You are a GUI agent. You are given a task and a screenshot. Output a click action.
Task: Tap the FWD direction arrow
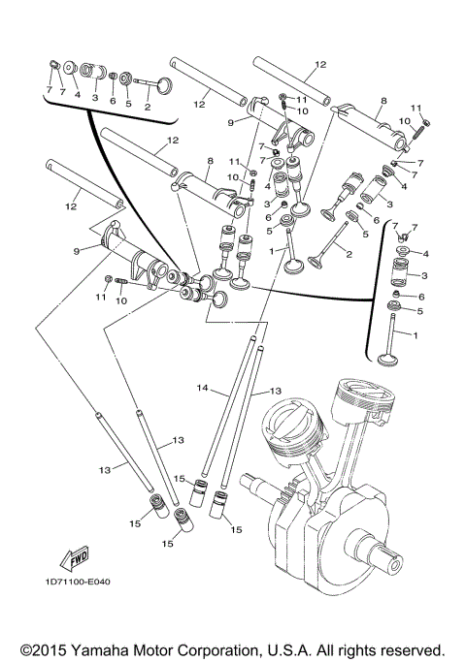(x=74, y=559)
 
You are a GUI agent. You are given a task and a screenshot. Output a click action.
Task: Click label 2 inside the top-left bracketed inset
(x=148, y=107)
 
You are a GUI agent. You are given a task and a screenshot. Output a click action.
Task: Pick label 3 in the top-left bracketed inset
(x=95, y=97)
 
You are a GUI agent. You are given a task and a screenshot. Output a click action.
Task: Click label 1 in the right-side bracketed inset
(x=415, y=334)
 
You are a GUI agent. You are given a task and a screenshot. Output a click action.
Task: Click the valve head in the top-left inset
(x=161, y=85)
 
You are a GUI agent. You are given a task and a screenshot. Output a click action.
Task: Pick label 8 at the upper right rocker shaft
(x=384, y=100)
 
